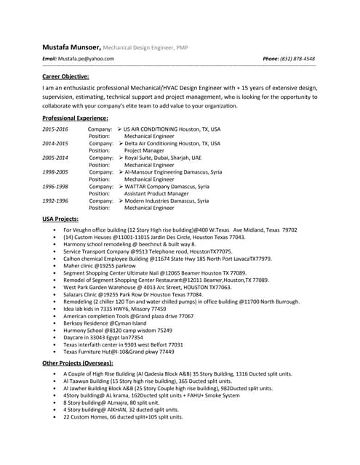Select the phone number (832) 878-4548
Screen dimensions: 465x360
click(x=298, y=58)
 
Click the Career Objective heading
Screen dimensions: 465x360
click(x=65, y=76)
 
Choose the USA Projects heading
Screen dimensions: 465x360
click(x=60, y=219)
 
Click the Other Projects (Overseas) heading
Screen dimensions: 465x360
click(x=78, y=362)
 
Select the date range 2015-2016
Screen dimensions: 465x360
click(x=55, y=129)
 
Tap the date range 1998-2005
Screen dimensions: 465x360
click(x=55, y=172)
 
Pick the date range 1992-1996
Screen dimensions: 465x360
click(x=55, y=201)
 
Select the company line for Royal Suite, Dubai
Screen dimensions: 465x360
click(x=163, y=158)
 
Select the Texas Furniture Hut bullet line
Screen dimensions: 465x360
click(x=119, y=352)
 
